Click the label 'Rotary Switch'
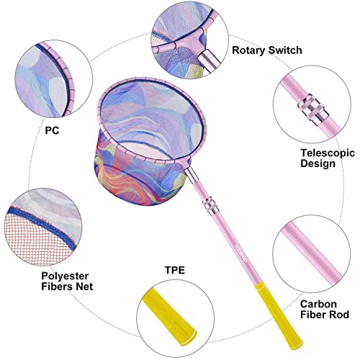click(267, 50)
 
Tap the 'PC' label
click(52, 130)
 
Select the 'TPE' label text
click(175, 270)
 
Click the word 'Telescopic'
click(328, 153)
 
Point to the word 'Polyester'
click(65, 276)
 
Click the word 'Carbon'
click(318, 304)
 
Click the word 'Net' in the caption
click(84, 287)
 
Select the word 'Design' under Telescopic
click(318, 163)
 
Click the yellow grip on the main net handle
click(278, 315)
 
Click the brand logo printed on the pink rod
click(240, 253)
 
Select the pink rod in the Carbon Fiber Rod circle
click(312, 253)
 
